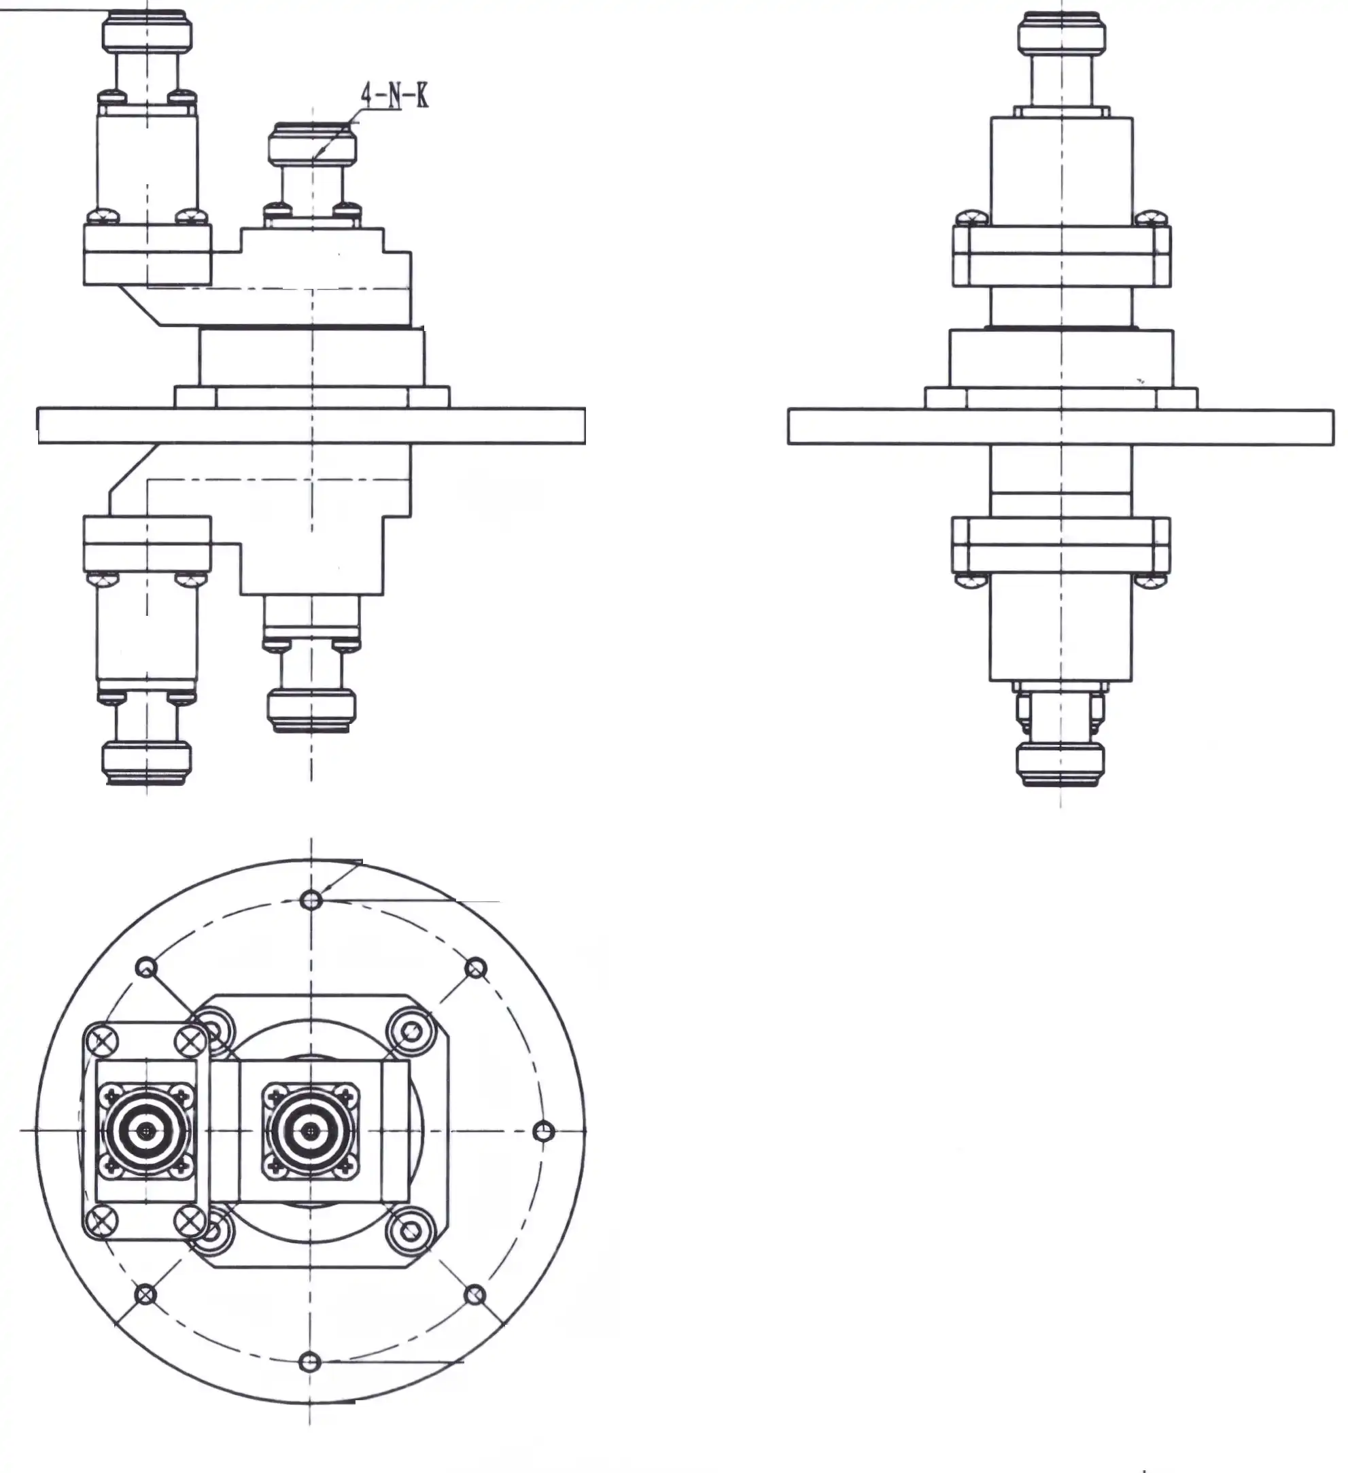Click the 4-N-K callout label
[x=394, y=96]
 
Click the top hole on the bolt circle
[x=311, y=899]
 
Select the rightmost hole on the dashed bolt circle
[x=544, y=1132]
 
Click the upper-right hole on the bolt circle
[x=476, y=969]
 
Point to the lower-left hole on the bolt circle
[x=146, y=1295]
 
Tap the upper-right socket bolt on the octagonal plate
[x=411, y=1031]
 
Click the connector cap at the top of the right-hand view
[x=1061, y=33]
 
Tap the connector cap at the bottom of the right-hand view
[x=1060, y=763]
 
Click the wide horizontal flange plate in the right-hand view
[x=1061, y=426]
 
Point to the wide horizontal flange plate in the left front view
[x=311, y=426]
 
